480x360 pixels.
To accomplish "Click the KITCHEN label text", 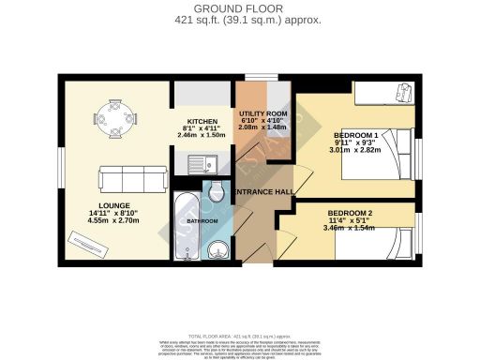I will (x=202, y=122).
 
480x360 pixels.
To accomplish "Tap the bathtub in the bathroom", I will (x=184, y=229).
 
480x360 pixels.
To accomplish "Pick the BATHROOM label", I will (x=202, y=220).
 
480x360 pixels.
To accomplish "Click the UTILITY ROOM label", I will (x=263, y=112).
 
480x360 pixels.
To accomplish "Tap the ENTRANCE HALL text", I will (x=265, y=192).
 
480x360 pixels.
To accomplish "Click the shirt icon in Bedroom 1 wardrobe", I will (x=404, y=91).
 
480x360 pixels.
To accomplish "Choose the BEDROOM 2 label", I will (x=352, y=212).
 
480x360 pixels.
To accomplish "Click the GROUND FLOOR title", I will (x=240, y=8).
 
